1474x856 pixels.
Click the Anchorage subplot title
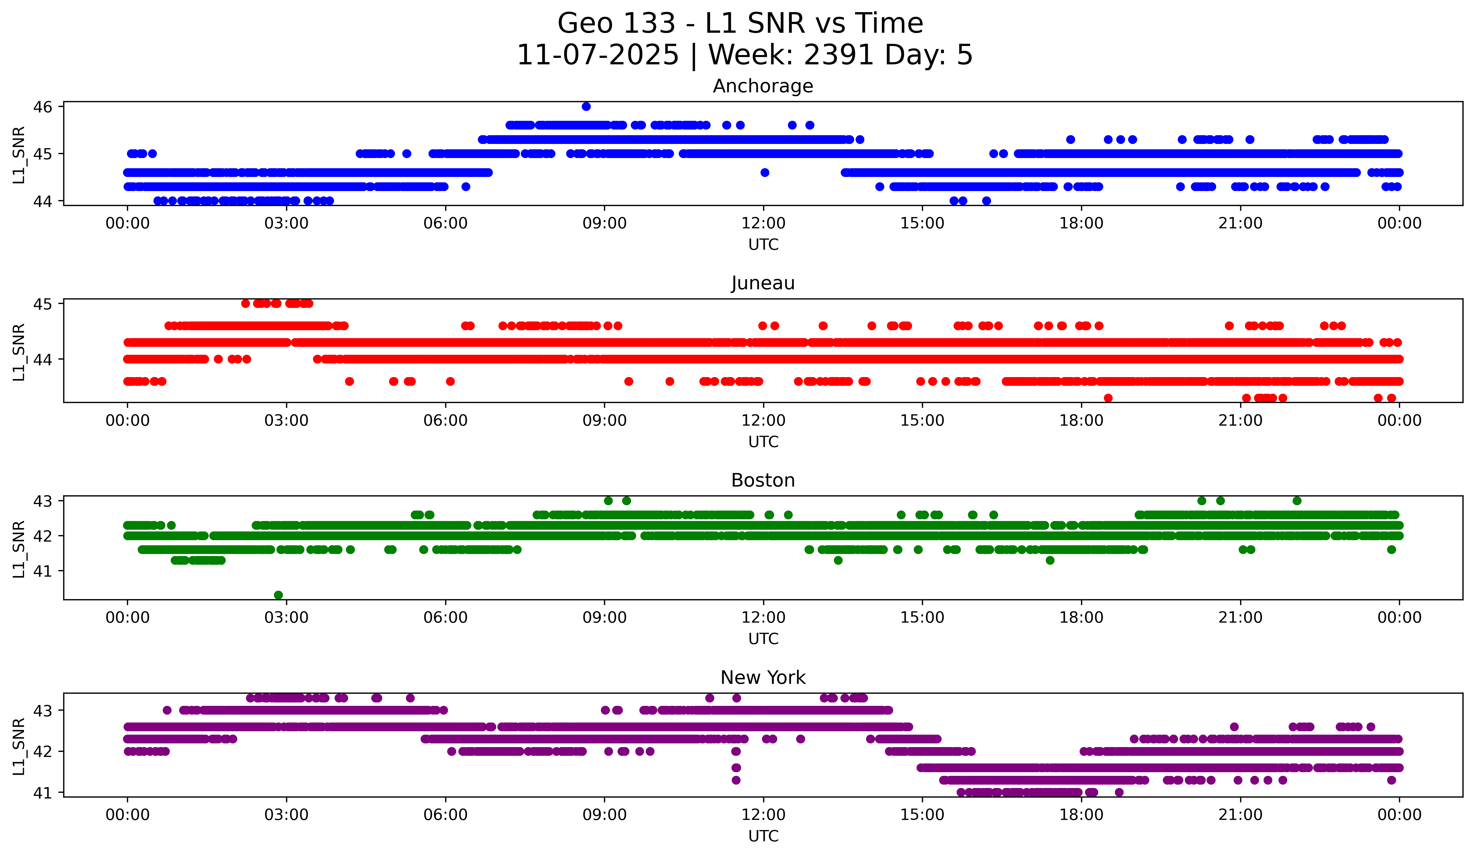pos(763,86)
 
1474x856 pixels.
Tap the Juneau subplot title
pos(763,283)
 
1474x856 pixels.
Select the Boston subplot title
pos(763,480)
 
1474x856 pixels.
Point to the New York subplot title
pos(763,678)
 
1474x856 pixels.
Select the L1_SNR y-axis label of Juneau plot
pos(19,352)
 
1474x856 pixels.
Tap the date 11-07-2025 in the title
pos(597,55)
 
